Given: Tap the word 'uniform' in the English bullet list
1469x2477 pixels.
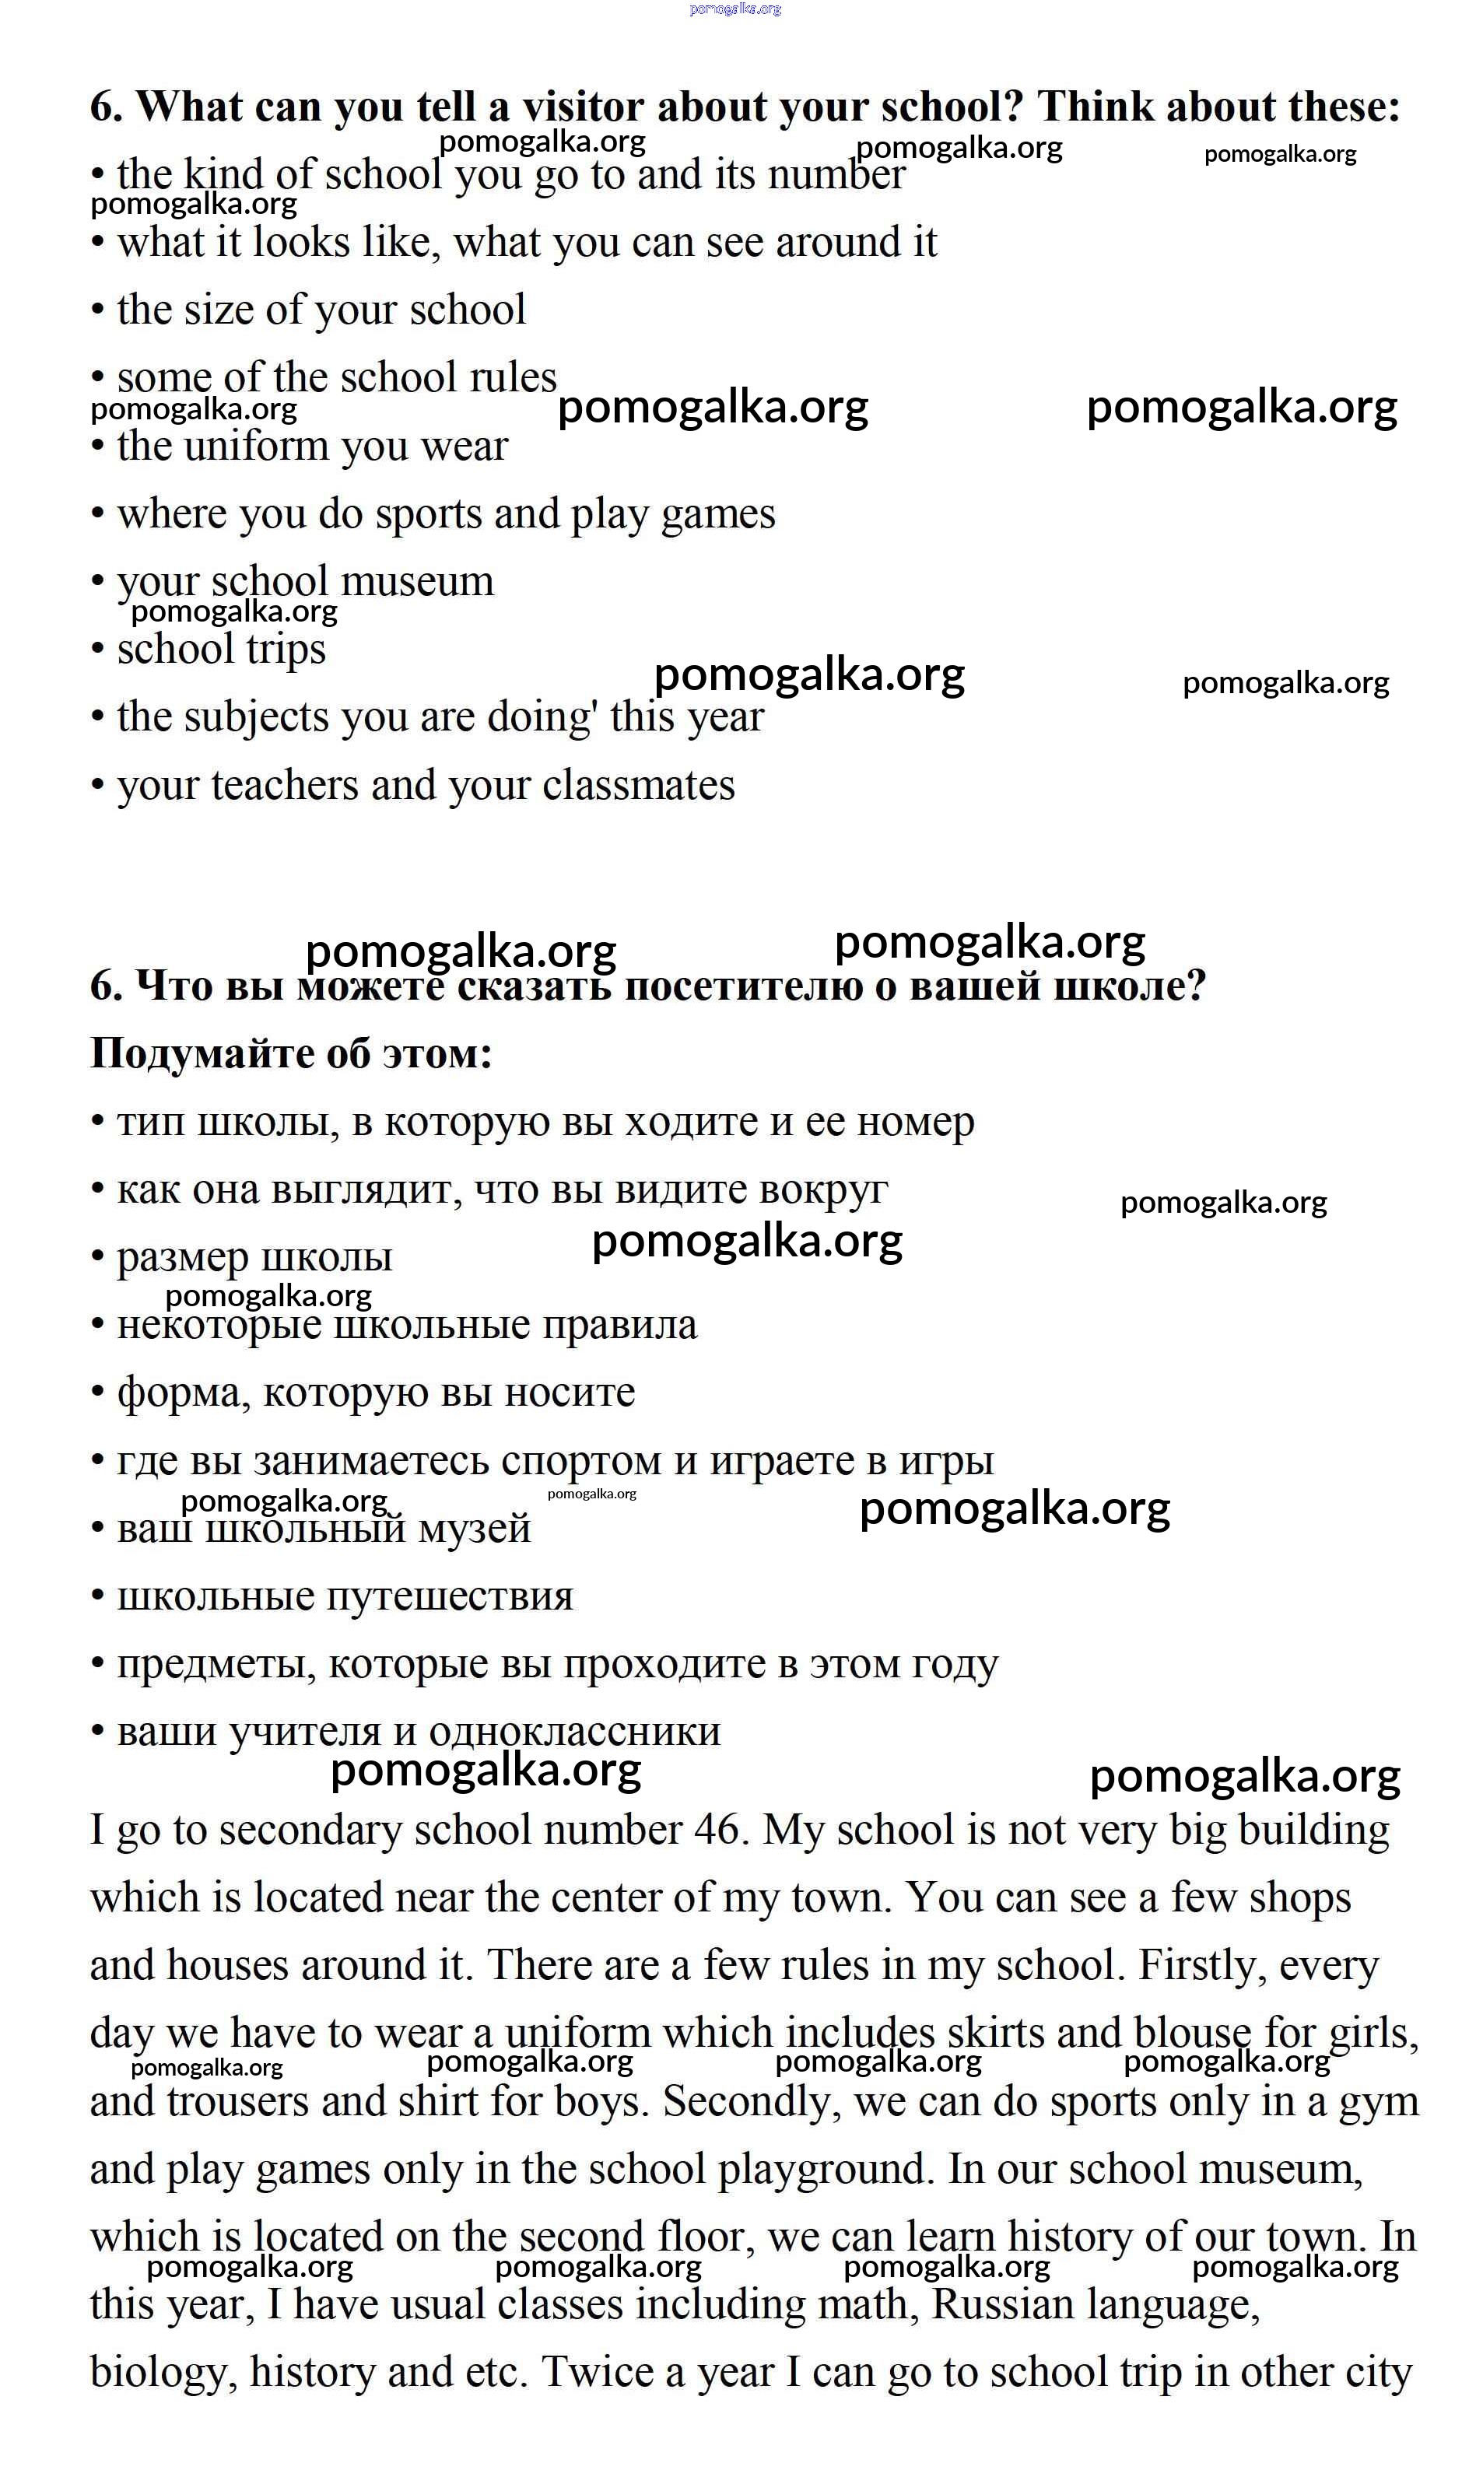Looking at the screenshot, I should [x=251, y=447].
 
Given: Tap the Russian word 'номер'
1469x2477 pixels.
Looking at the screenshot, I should [x=915, y=1121].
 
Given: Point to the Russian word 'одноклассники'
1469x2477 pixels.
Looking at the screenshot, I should [x=574, y=1731].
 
